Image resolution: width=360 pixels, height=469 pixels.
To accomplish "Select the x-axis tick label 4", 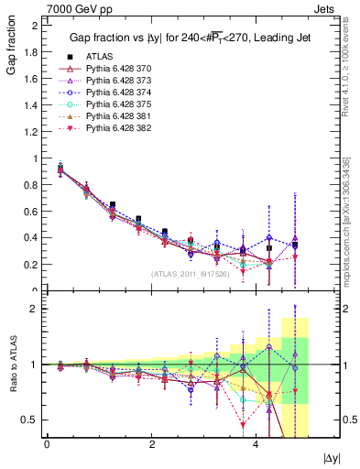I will point(255,444).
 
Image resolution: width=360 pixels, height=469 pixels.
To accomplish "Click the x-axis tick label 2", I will point(151,444).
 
